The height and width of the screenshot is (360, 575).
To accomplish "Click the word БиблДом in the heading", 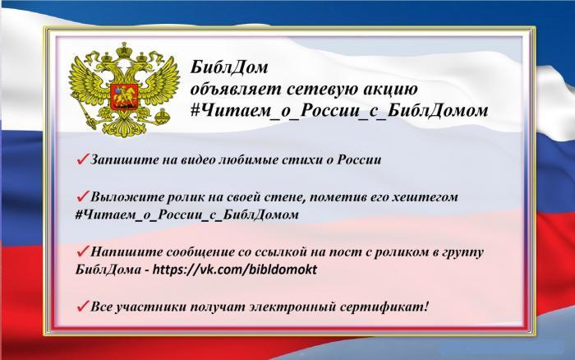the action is [229, 67].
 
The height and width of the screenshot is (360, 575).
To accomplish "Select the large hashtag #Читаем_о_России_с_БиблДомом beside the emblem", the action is [339, 110].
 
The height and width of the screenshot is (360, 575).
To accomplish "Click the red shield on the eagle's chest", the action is [124, 96].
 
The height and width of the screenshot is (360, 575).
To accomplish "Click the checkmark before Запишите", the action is [82, 159].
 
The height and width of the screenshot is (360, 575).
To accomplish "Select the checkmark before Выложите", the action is [82, 196].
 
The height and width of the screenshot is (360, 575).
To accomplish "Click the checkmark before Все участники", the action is [82, 306].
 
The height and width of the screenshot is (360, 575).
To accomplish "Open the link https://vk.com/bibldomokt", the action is [235, 270].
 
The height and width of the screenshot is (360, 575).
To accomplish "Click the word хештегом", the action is [425, 197].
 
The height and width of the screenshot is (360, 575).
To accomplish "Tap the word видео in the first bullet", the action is [198, 160].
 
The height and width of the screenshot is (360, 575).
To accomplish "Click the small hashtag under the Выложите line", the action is [186, 215].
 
